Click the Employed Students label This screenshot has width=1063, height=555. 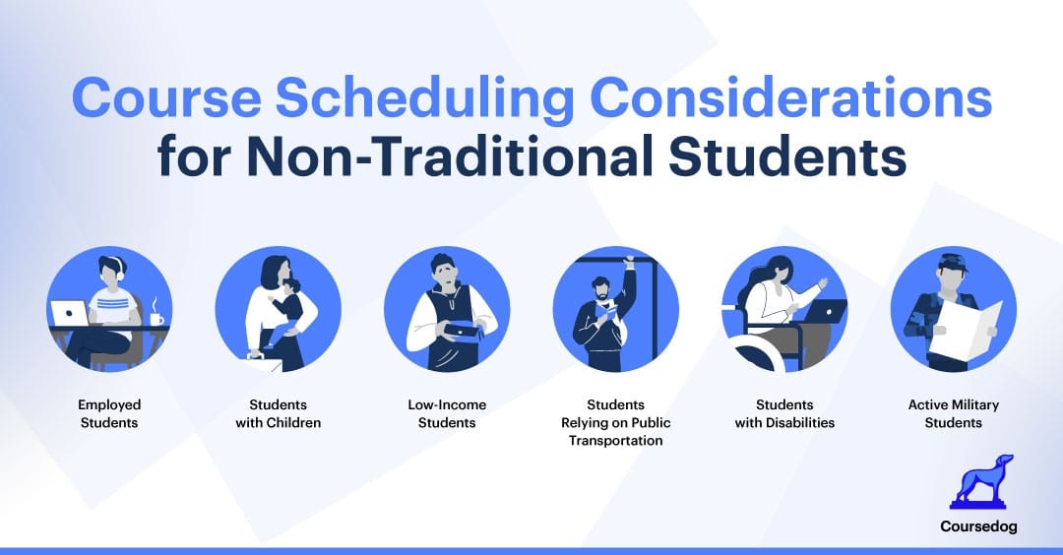pos(110,413)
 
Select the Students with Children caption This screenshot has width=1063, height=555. pos(279,413)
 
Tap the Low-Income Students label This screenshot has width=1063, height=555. pos(447,413)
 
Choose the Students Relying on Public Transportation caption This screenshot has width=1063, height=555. pos(616,422)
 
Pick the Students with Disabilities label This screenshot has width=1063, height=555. pos(784,413)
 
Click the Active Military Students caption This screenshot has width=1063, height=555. pos(953,413)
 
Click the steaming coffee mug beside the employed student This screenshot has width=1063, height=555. pos(156,316)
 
